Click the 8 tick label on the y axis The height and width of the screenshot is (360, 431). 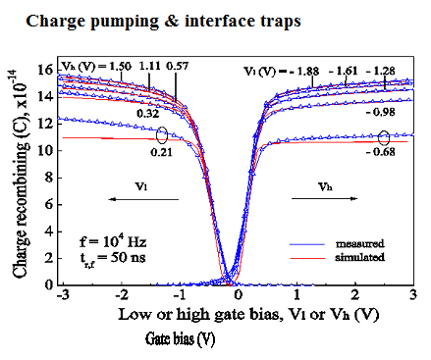pos(43,177)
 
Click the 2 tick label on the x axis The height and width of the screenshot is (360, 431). pos(354,297)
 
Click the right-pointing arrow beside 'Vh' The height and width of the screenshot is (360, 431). pos(336,196)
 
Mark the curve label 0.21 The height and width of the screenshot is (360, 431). pos(162,153)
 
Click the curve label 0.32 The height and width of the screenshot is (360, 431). pos(149,114)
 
